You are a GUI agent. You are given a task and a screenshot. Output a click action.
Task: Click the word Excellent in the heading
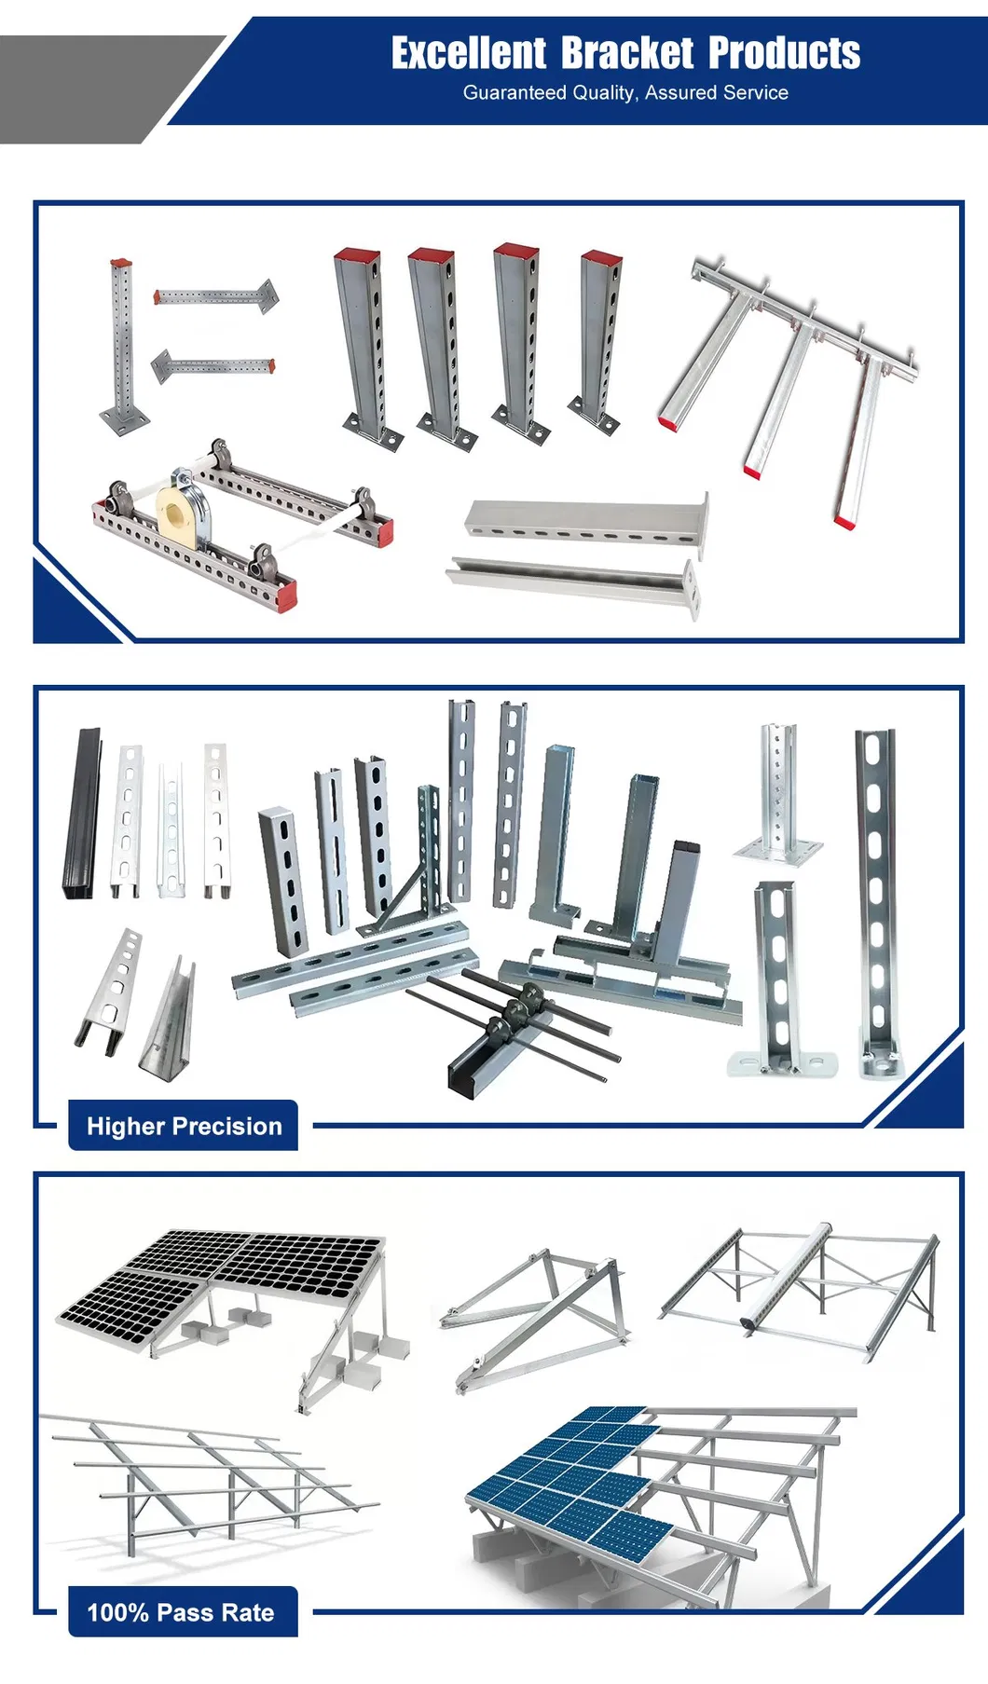468,53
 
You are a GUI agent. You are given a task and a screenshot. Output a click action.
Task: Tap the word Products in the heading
784,53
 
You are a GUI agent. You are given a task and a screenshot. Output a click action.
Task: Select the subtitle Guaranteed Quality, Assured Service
625,92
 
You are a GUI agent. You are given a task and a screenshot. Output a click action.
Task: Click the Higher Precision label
184,1126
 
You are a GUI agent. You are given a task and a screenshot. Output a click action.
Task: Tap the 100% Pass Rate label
181,1612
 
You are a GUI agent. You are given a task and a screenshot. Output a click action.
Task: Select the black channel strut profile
82,814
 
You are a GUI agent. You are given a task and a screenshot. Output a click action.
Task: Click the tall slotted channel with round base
877,899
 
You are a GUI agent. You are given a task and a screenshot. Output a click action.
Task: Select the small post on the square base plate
777,792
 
